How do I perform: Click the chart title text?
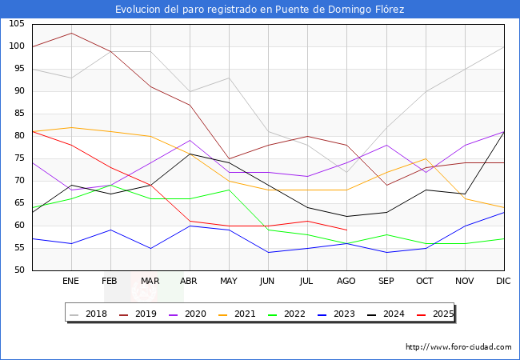tap(259, 10)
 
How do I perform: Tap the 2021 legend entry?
tap(240, 314)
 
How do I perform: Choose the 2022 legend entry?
tap(289, 314)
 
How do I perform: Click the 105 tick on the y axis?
tap(16, 24)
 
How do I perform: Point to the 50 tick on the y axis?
tap(18, 270)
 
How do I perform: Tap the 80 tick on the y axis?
tap(18, 136)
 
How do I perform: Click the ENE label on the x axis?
tap(71, 282)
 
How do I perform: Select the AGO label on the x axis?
tap(346, 282)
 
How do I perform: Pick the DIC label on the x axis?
tap(504, 282)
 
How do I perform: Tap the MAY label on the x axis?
tap(229, 282)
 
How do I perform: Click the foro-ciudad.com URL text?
tap(458, 347)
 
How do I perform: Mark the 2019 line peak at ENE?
tap(71, 33)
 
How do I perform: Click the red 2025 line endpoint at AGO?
tap(346, 230)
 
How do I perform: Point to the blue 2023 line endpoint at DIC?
tap(504, 212)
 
